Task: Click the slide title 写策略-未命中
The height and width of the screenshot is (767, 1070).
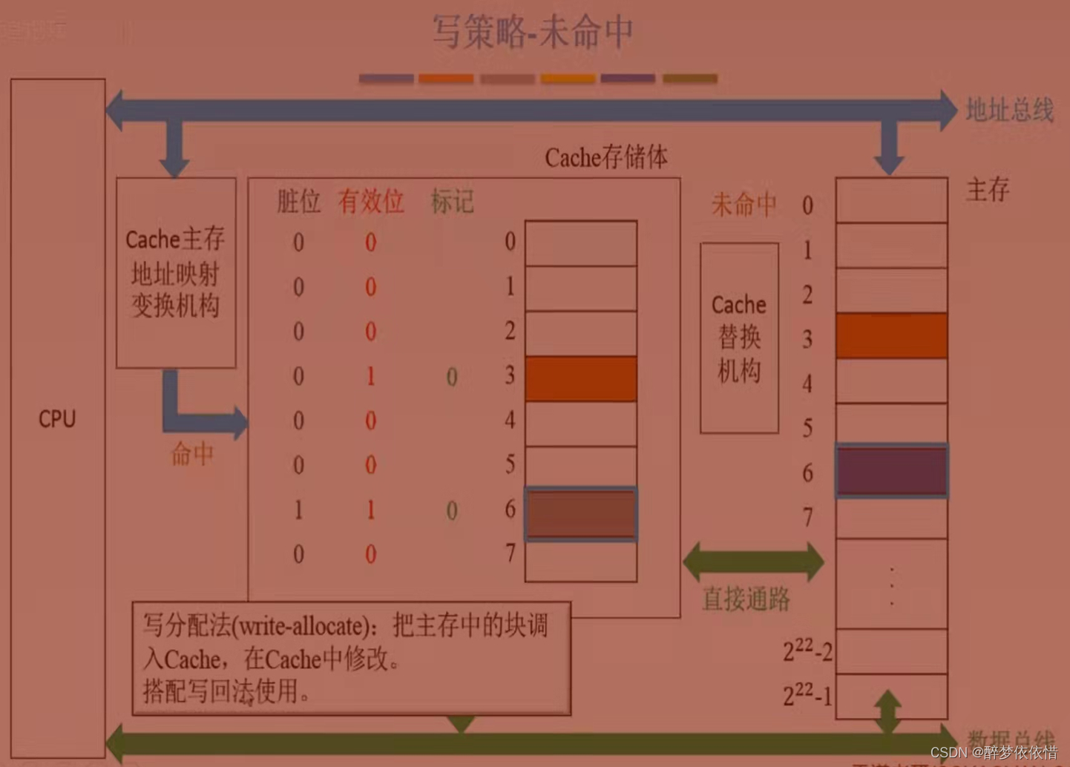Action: tap(533, 33)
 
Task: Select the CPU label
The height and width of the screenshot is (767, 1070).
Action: tap(57, 419)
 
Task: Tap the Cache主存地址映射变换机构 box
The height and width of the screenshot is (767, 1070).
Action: tap(176, 272)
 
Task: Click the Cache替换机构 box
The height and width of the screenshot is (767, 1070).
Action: tap(739, 338)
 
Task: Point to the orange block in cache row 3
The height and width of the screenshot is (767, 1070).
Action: tap(581, 378)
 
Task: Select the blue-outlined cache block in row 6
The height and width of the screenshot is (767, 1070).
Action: tap(581, 513)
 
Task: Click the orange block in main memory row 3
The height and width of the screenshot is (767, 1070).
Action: tap(891, 336)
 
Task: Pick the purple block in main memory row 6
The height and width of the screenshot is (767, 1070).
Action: tap(892, 471)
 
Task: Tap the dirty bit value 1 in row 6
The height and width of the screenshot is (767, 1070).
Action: tap(298, 510)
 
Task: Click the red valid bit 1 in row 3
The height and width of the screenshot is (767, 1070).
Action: tap(370, 377)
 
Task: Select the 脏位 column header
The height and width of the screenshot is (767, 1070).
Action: tap(298, 201)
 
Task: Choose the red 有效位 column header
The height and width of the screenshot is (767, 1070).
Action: tap(371, 201)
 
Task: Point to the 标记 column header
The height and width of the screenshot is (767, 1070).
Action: tap(452, 202)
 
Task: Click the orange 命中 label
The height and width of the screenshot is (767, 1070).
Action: tap(192, 453)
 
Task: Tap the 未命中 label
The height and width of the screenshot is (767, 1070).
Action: tap(744, 204)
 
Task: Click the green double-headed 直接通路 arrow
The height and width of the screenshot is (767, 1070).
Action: tap(752, 562)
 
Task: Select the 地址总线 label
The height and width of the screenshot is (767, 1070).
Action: tap(1009, 111)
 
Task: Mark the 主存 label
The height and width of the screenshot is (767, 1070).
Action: tap(988, 190)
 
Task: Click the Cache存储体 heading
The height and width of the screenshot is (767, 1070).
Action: tap(606, 157)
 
